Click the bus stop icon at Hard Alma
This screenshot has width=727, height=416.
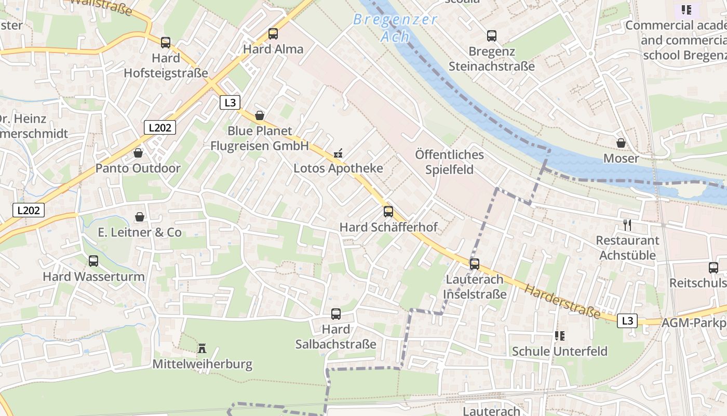coord(273,34)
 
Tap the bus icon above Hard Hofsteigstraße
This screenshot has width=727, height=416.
coord(166,43)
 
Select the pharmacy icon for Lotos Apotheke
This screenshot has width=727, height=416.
coord(338,153)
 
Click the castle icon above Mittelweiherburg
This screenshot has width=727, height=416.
coord(202,348)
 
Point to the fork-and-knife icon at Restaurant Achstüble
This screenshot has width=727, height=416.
coord(627,225)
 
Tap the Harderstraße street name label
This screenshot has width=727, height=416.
coord(562,302)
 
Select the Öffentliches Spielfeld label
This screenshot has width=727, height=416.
coord(450,162)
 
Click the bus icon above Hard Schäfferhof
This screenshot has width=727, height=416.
coord(388,212)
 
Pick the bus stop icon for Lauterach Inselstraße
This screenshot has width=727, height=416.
coord(475,264)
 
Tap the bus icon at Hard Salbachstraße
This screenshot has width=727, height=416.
coord(336,314)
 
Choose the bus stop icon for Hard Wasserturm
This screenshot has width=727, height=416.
coord(93,261)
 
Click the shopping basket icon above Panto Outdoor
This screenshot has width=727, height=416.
coord(138,153)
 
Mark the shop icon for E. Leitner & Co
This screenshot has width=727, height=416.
coord(140,217)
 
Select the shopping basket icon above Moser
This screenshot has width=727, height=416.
coord(621,142)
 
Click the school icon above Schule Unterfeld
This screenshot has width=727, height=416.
coord(559,336)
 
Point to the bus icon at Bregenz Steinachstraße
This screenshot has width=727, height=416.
coord(492,36)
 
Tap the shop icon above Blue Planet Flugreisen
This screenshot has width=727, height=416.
coord(260,115)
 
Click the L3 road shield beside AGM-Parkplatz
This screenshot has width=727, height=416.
coord(627,321)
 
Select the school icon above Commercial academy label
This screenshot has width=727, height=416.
coord(686,10)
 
